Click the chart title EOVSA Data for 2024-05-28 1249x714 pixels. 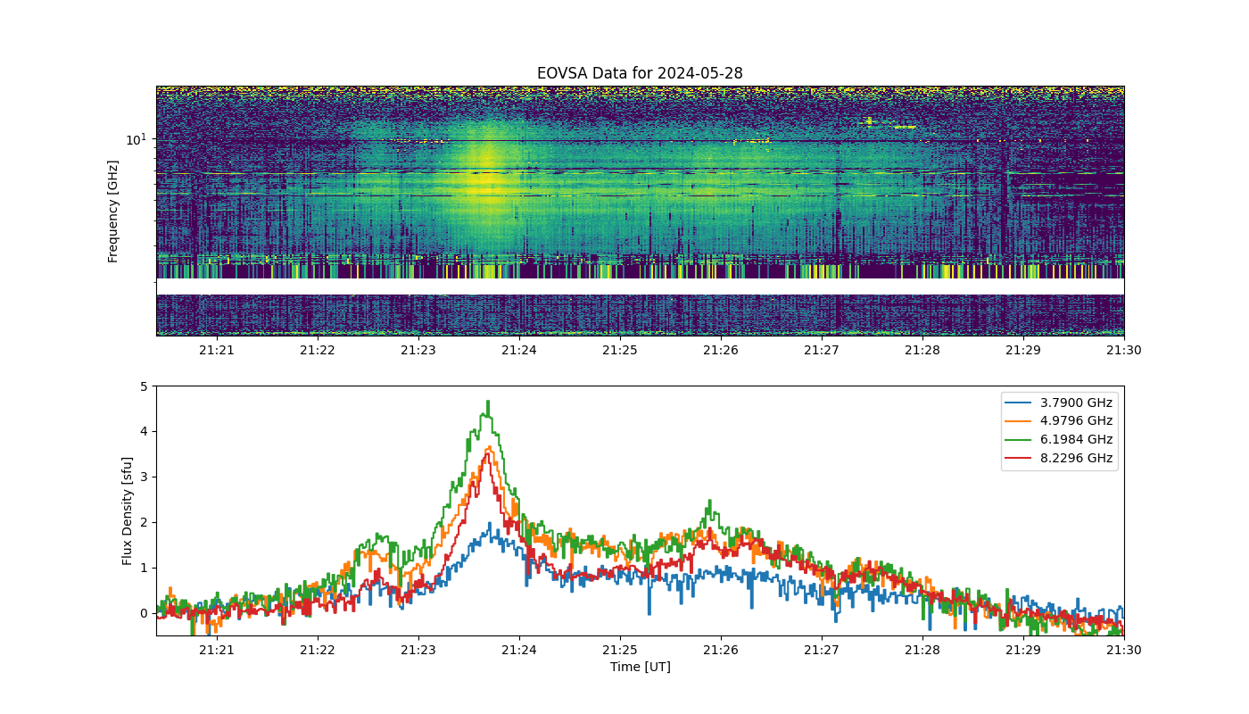(640, 73)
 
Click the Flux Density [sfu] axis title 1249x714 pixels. (127, 511)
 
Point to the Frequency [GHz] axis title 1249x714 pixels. (112, 212)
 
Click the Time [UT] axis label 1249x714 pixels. (641, 667)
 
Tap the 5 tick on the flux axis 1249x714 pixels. (144, 386)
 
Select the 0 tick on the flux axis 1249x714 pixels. (144, 614)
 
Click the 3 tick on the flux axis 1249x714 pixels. (144, 477)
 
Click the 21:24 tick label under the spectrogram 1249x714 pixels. (519, 350)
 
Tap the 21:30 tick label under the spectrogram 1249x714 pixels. (1123, 350)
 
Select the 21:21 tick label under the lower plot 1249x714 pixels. (216, 650)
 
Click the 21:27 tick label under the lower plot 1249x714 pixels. (822, 650)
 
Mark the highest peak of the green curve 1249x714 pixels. (489, 401)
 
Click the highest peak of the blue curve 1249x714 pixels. (490, 523)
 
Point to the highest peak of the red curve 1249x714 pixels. (488, 453)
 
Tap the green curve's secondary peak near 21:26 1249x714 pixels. (710, 501)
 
